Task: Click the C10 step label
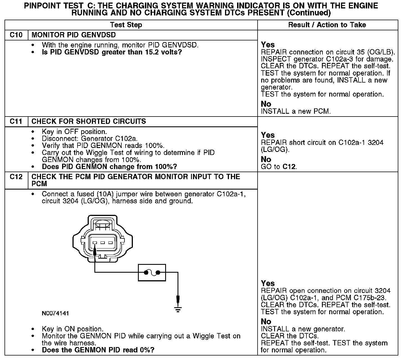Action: pyautogui.click(x=16, y=35)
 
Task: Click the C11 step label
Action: pyautogui.click(x=16, y=122)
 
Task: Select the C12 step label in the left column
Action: pyautogui.click(x=16, y=177)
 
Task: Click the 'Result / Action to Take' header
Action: pyautogui.click(x=327, y=25)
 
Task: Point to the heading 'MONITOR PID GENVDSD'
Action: pyautogui.click(x=74, y=35)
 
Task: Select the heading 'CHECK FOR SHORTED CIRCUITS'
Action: pyautogui.click(x=89, y=122)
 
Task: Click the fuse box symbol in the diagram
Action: pyautogui.click(x=152, y=272)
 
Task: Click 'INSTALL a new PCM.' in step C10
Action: pyautogui.click(x=296, y=111)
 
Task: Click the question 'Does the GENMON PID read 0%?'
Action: pyautogui.click(x=98, y=350)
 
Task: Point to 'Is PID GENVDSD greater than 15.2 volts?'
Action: pyautogui.click(x=112, y=52)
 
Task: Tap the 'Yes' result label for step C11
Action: pyautogui.click(x=268, y=135)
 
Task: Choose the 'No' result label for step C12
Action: pyautogui.click(x=266, y=322)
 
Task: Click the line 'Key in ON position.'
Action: pyautogui.click(x=72, y=329)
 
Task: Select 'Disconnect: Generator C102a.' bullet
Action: pyautogui.click(x=90, y=139)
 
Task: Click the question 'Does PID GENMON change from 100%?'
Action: pyautogui.click(x=109, y=167)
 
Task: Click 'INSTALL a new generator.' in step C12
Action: pyautogui.click(x=303, y=329)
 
